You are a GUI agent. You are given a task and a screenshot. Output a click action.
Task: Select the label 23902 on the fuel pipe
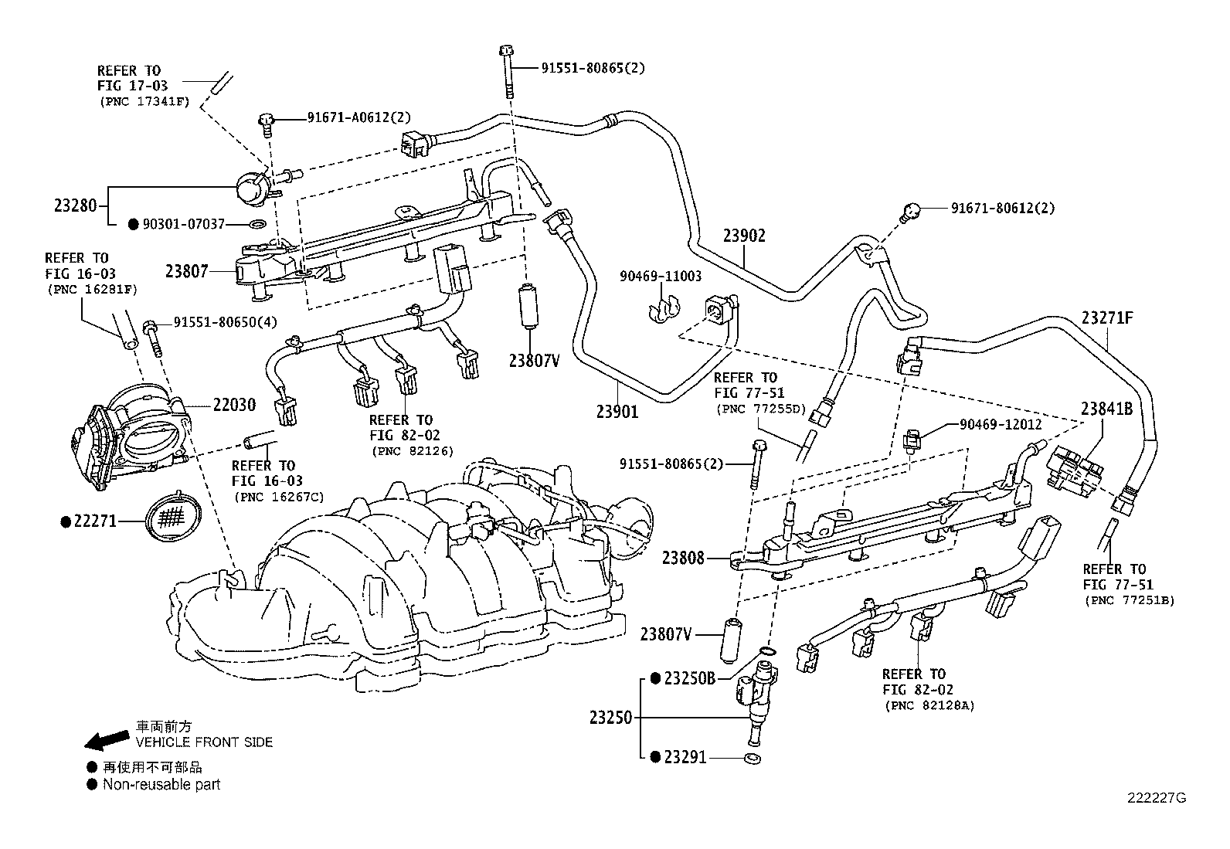tap(744, 236)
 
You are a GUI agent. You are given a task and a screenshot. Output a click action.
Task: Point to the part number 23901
tap(617, 412)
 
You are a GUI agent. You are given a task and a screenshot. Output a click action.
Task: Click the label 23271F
tap(1108, 318)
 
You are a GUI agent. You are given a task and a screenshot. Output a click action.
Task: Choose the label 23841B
tap(1106, 409)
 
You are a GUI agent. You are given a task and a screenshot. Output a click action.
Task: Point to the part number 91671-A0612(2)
tap(358, 117)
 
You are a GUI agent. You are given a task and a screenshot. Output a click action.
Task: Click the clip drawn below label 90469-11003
tap(662, 309)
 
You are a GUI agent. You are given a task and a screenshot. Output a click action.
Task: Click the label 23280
tap(75, 205)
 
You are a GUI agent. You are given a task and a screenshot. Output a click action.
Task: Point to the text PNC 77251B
tap(1129, 599)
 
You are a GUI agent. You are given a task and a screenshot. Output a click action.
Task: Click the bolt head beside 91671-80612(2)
tap(912, 209)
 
